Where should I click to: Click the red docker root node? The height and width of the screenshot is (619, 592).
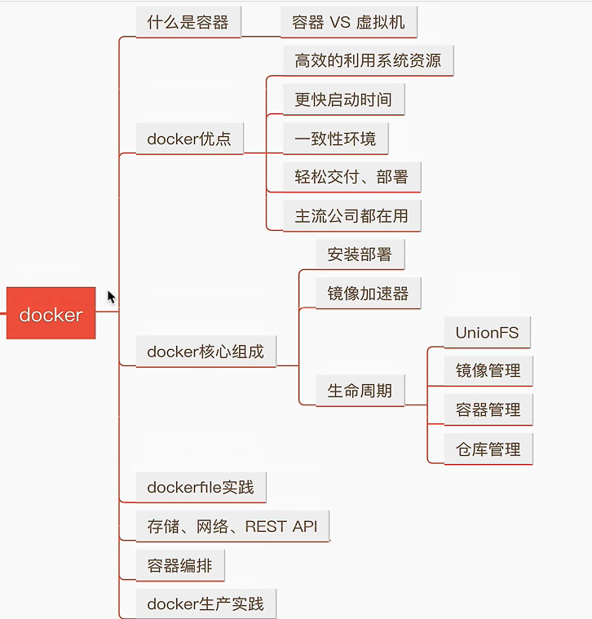[x=51, y=314]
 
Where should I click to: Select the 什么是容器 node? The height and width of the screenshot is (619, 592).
[x=188, y=22]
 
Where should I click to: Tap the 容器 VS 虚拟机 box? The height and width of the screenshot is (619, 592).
[x=348, y=23]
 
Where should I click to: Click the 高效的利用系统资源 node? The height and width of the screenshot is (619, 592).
[x=368, y=60]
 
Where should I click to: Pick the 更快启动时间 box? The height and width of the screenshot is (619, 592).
[x=343, y=99]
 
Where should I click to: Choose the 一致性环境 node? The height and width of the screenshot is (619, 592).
[x=335, y=139]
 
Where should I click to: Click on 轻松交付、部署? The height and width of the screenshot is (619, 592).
[x=351, y=177]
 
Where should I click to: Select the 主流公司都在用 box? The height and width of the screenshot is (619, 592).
[x=351, y=216]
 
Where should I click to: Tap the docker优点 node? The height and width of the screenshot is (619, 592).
[x=189, y=139]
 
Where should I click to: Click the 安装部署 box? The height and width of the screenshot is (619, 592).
[x=360, y=254]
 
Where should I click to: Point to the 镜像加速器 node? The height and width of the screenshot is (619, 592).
[x=368, y=294]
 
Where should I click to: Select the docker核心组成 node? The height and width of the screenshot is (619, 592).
[x=205, y=352]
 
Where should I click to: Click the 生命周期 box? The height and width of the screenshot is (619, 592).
[x=360, y=391]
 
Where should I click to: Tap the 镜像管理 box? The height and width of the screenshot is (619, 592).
[x=488, y=370]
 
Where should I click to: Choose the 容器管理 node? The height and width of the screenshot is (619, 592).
[x=488, y=409]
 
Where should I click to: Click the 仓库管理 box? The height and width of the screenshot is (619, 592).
[x=488, y=449]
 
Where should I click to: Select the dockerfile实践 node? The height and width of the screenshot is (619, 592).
[x=201, y=488]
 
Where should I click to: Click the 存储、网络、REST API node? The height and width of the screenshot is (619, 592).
[x=232, y=526]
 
